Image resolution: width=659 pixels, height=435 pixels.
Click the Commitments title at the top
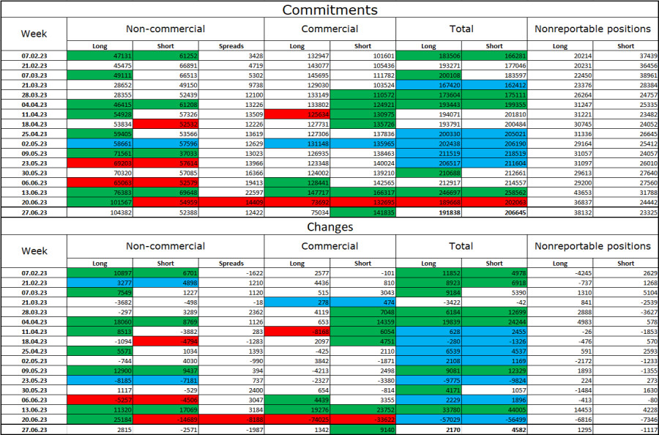click(329, 10)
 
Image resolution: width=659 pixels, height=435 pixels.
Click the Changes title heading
click(329, 227)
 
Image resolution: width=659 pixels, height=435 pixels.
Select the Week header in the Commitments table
click(34, 34)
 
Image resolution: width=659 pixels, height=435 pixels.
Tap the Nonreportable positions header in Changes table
click(592, 246)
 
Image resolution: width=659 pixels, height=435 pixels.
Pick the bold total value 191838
click(429, 212)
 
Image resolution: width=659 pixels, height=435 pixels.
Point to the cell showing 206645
click(494, 212)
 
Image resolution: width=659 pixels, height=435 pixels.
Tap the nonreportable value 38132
click(560, 212)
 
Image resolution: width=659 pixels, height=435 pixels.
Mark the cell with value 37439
click(625, 55)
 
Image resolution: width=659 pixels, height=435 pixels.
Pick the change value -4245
click(560, 272)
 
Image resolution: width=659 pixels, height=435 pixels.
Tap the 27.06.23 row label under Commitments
click(34, 212)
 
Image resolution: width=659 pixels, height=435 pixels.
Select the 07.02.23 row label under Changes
click(34, 272)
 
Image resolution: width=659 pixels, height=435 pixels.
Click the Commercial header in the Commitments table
click(329, 29)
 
